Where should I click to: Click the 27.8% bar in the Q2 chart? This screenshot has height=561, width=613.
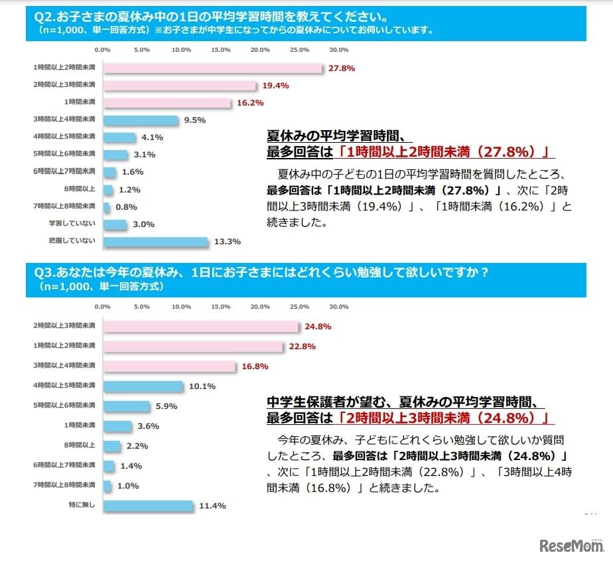(212, 68)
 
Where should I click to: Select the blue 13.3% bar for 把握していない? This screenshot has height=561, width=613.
(155, 242)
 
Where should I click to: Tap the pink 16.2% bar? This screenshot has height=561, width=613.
(167, 102)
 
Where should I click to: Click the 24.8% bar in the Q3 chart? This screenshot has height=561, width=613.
(200, 327)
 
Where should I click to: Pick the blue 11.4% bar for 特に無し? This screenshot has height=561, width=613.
(147, 506)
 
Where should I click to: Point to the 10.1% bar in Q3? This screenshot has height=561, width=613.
(143, 386)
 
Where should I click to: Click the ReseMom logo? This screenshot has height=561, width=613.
(571, 546)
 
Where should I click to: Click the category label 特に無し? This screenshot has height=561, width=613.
(86, 506)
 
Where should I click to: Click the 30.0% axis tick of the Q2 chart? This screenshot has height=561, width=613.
(339, 50)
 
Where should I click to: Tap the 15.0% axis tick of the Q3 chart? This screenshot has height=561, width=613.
(220, 307)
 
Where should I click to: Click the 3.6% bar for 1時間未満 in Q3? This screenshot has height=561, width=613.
(117, 426)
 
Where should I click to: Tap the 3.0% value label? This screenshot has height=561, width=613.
(143, 224)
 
